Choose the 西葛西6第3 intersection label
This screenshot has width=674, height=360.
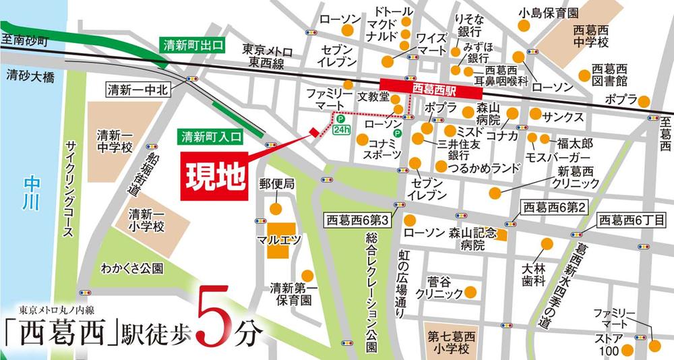click(x=357, y=220)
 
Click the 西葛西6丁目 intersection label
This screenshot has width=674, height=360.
click(x=632, y=220)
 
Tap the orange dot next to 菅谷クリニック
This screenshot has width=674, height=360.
click(x=471, y=293)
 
